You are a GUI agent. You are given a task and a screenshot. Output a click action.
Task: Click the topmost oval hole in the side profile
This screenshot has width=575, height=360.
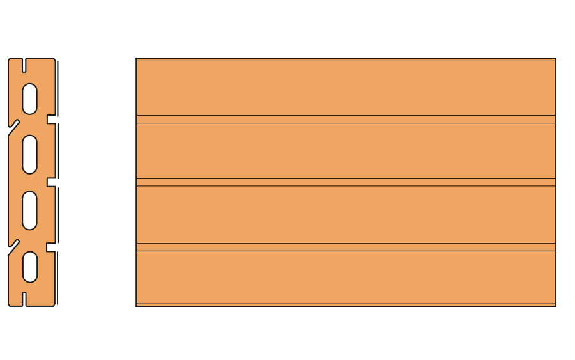point(29,98)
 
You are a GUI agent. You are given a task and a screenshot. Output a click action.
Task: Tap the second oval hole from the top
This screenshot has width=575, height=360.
point(29,154)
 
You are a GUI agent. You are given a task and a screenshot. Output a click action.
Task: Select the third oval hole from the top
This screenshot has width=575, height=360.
point(29,210)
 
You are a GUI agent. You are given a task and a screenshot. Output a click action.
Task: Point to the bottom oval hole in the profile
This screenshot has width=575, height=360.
point(29,266)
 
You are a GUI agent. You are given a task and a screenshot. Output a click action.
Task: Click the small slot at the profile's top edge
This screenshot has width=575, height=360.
point(24,65)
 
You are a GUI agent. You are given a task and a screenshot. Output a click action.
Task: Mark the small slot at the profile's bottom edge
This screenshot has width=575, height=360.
point(24,299)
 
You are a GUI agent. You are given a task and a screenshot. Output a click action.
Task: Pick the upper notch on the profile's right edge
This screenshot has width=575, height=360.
point(51,119)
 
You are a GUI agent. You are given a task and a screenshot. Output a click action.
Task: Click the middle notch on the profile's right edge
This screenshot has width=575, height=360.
point(51,182)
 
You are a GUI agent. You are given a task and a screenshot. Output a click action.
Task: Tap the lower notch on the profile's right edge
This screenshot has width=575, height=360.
point(51,247)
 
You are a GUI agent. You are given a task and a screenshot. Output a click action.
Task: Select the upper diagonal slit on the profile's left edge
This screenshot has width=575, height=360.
point(14,126)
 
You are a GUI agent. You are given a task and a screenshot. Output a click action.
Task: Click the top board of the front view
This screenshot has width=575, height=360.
point(346,88)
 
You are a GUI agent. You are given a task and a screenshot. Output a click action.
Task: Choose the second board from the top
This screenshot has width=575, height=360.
point(346,151)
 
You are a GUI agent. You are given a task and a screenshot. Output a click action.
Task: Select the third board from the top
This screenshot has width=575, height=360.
point(346,215)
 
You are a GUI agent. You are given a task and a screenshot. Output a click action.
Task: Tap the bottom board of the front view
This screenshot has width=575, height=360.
point(346,277)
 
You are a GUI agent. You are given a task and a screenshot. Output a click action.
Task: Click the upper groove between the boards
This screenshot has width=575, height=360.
point(346,119)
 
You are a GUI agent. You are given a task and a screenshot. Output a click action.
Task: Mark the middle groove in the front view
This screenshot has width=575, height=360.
point(346,182)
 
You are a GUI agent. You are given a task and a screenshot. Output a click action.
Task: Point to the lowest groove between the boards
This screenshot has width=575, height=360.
point(346,247)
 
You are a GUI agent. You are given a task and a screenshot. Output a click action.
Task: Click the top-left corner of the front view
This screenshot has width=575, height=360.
point(137,59)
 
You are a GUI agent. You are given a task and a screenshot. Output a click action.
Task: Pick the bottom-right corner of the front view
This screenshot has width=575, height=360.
point(555,305)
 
